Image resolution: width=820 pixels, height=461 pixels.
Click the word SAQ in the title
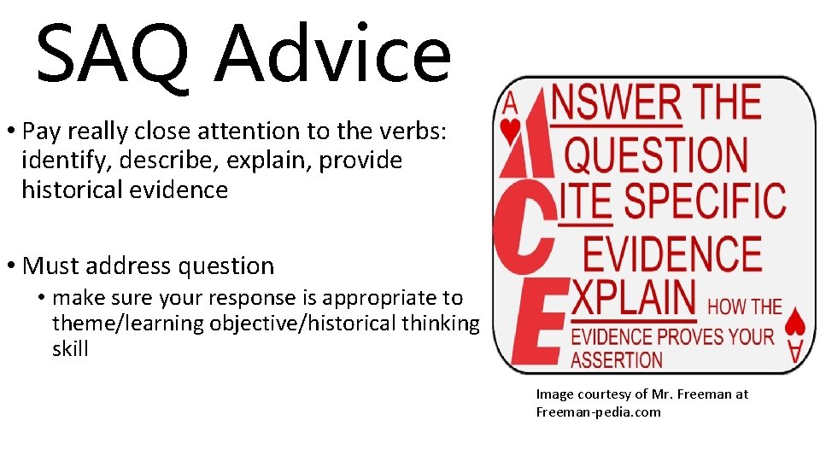tap(116, 53)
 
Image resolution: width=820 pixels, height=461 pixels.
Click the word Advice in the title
tap(333, 53)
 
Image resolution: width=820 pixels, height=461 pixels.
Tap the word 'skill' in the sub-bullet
tap(70, 348)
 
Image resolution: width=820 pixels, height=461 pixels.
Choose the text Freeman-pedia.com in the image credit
tap(598, 411)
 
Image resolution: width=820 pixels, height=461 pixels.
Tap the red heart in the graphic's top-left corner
tap(511, 131)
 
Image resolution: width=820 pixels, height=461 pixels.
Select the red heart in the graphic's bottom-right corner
tap(794, 321)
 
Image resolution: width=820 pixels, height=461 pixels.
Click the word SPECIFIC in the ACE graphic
tap(705, 201)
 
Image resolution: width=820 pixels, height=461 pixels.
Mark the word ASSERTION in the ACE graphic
tap(617, 359)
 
